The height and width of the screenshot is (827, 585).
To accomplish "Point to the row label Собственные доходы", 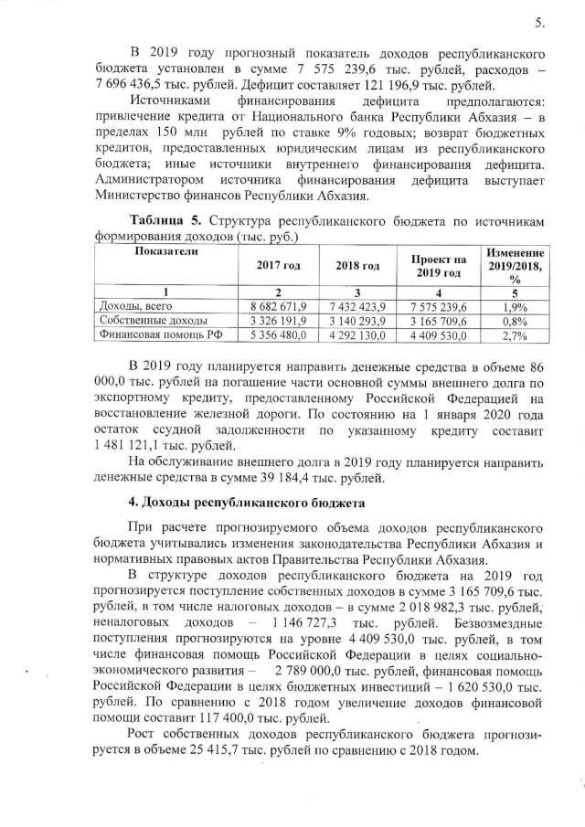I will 151,321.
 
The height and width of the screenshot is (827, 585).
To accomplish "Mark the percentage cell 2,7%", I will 516,336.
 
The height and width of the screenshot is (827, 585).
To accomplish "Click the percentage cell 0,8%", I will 516,321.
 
